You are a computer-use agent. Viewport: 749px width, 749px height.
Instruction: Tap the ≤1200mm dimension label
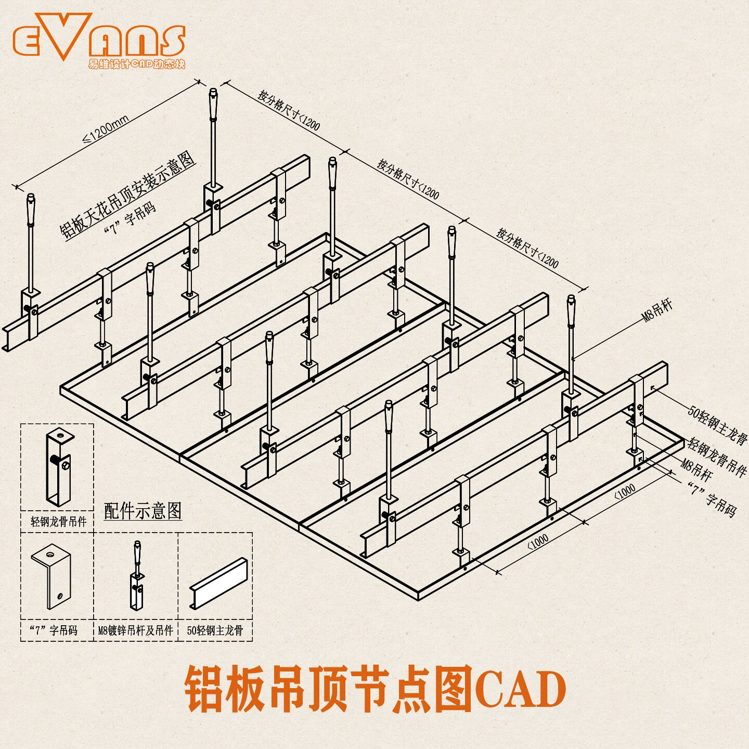pos(106,130)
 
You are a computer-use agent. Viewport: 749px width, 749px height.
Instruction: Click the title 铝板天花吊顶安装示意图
pos(128,195)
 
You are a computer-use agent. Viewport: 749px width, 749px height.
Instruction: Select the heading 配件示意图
pos(143,511)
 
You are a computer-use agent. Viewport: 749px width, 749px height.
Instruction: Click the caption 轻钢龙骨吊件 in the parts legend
pos(58,521)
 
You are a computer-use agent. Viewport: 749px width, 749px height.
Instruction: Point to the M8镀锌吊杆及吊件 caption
pos(136,630)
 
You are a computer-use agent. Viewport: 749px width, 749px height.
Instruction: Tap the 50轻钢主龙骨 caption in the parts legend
pos(215,630)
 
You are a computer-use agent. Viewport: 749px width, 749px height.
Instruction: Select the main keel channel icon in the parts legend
pos(218,583)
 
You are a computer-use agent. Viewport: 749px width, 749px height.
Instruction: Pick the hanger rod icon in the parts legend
pos(137,575)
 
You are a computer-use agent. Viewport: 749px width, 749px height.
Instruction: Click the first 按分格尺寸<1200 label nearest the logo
pos(289,110)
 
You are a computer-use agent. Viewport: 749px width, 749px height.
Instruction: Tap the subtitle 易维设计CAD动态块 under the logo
pos(136,64)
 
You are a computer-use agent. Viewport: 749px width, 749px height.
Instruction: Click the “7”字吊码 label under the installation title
pos(130,219)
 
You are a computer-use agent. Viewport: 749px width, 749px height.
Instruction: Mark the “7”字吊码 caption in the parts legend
pos(54,630)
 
